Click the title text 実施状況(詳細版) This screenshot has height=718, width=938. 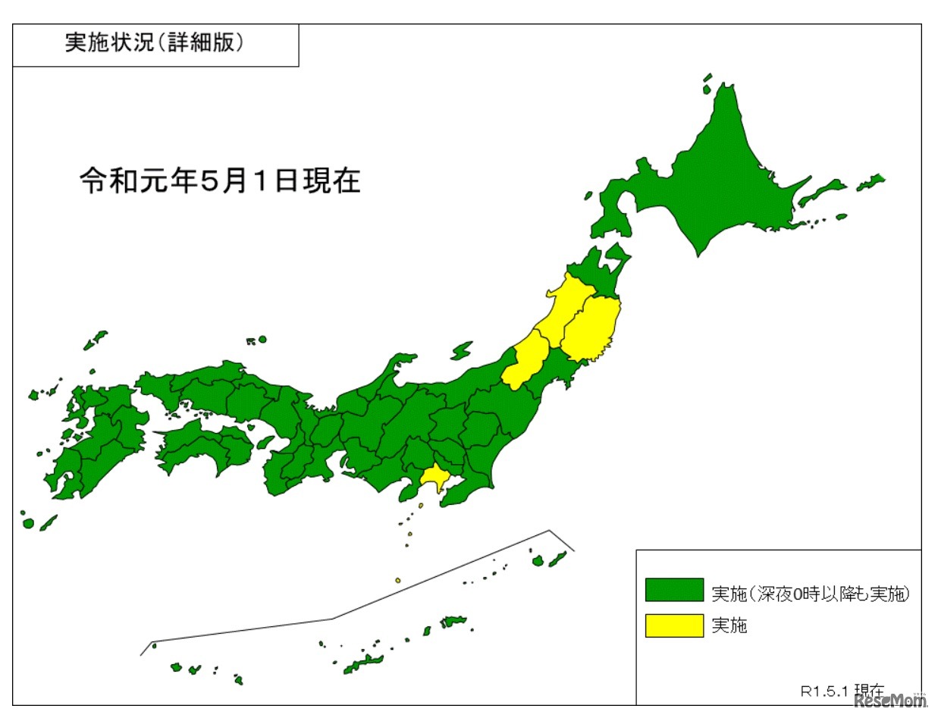[154, 44]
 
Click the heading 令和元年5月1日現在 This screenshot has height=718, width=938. [220, 181]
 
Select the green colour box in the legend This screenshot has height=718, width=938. [674, 591]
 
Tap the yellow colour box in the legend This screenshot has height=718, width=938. [674, 625]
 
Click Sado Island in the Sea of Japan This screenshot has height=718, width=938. [461, 350]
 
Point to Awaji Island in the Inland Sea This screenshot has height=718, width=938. [265, 442]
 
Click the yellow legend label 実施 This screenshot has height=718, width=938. [729, 626]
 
